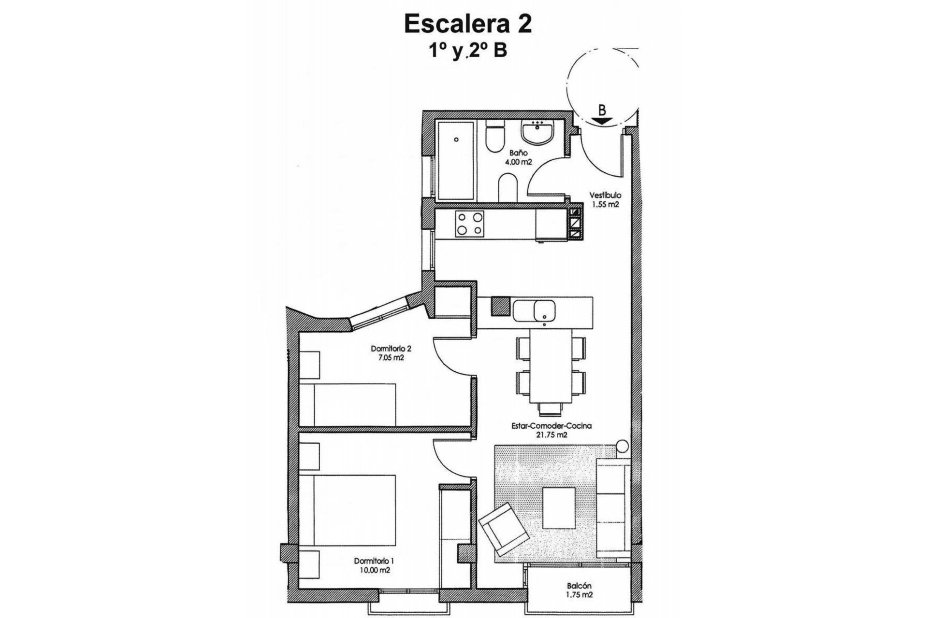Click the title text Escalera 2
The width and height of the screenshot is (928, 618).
pyautogui.click(x=467, y=25)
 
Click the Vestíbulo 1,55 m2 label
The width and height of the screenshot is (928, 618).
pyautogui.click(x=605, y=200)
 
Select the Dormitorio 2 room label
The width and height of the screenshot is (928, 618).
pyautogui.click(x=391, y=353)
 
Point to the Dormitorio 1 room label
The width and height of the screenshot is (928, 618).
pyautogui.click(x=374, y=565)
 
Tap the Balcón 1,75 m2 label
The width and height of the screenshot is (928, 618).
pyautogui.click(x=580, y=590)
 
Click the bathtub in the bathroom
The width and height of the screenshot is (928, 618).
pyautogui.click(x=455, y=160)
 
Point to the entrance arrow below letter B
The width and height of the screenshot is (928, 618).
pyautogui.click(x=601, y=122)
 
